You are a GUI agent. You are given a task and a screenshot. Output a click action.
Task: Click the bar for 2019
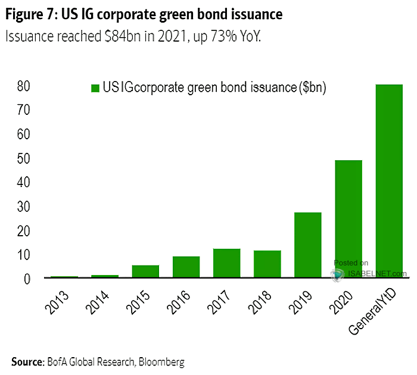307,245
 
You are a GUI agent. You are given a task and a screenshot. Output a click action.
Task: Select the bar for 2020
348,219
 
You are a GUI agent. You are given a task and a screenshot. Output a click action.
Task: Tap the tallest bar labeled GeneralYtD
389,181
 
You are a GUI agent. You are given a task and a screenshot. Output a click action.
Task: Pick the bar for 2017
226,262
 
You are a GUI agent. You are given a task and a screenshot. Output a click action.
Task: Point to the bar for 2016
186,267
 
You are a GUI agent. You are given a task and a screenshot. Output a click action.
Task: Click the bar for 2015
145,271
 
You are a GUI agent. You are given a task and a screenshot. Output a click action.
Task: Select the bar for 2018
267,264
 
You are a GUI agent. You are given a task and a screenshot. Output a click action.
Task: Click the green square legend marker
94,88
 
